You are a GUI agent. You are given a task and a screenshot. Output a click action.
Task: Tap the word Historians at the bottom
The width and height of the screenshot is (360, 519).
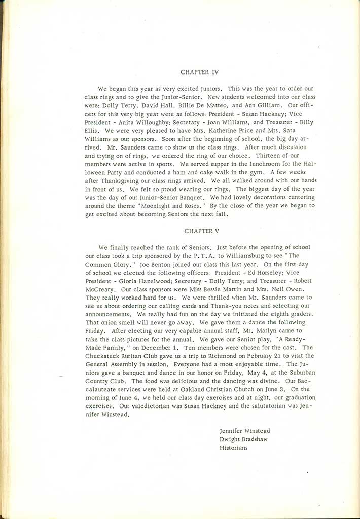(x=234, y=448)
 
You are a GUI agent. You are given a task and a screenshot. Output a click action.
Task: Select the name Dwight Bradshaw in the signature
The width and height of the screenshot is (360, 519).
(x=242, y=439)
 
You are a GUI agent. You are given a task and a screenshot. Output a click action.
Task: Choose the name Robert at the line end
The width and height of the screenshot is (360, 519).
(x=300, y=281)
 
